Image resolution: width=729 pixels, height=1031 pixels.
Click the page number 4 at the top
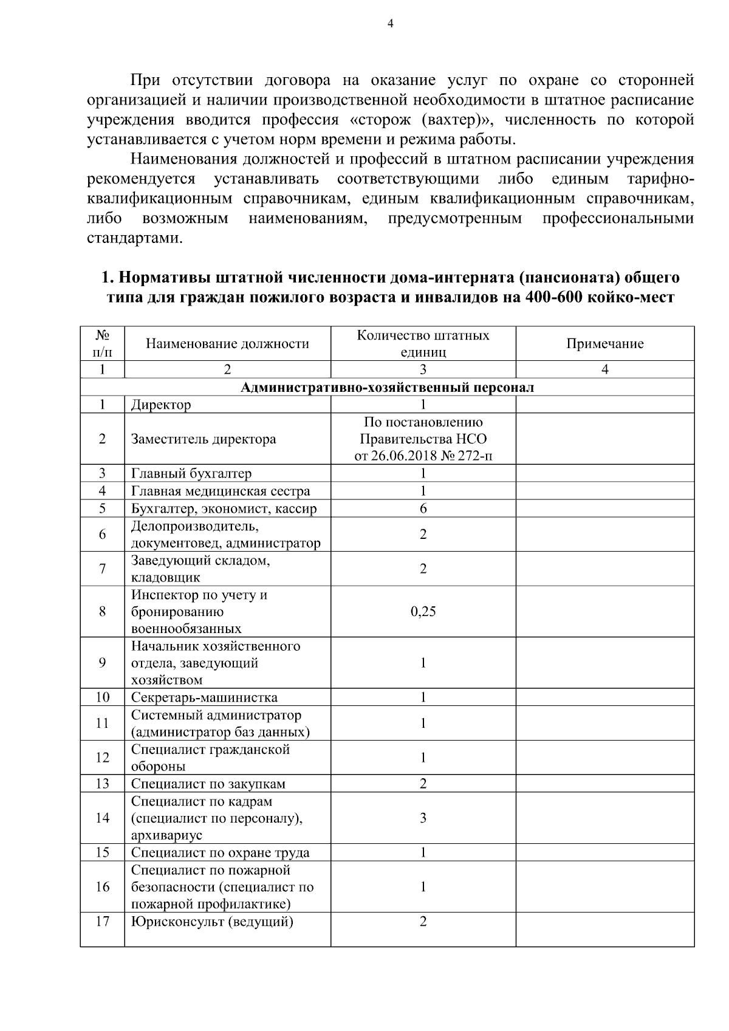pyautogui.click(x=390, y=24)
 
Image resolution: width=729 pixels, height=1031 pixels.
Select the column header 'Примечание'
pyautogui.click(x=604, y=344)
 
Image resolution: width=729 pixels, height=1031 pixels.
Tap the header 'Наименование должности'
pyautogui.click(x=227, y=344)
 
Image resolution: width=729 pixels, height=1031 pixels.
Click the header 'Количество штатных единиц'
pyautogui.click(x=423, y=344)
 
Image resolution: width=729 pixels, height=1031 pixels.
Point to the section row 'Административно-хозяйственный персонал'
pyautogui.click(x=387, y=388)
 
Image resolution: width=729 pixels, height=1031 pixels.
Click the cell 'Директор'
pyautogui.click(x=161, y=405)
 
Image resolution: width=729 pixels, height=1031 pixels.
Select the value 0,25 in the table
pyautogui.click(x=423, y=612)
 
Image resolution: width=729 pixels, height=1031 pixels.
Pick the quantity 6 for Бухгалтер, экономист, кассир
pyautogui.click(x=423, y=509)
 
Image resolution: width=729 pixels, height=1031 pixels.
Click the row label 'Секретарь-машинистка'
pyautogui.click(x=204, y=697)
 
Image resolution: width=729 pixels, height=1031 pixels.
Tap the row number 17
pyautogui.click(x=102, y=922)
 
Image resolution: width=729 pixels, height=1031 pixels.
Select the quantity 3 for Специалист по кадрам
pyautogui.click(x=423, y=818)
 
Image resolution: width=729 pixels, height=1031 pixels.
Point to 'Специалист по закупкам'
pyautogui.click(x=208, y=784)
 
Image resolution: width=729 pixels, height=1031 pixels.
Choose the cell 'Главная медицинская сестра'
pyautogui.click(x=221, y=491)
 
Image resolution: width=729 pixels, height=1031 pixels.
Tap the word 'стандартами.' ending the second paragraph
pyautogui.click(x=134, y=238)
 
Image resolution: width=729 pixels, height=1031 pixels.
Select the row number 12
pyautogui.click(x=102, y=758)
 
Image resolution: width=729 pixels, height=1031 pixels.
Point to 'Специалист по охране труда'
pyautogui.click(x=220, y=852)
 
